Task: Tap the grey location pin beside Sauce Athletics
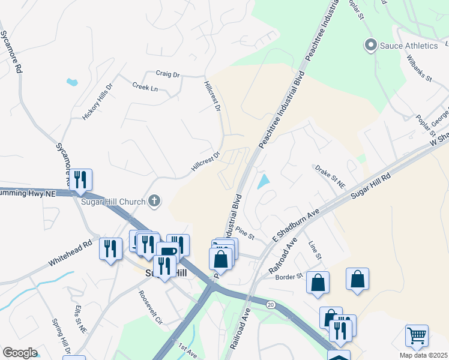pyautogui.click(x=370, y=45)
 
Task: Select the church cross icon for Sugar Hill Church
pyautogui.click(x=154, y=201)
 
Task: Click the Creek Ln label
pyautogui.click(x=145, y=87)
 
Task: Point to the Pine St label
pyautogui.click(x=246, y=232)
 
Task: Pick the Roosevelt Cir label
pyautogui.click(x=150, y=307)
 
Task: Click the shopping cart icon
pyautogui.click(x=417, y=335)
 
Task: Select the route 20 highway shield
pyautogui.click(x=271, y=305)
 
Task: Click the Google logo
pyautogui.click(x=20, y=353)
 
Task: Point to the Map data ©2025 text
pyautogui.click(x=423, y=355)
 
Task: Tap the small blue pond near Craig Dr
pyautogui.click(x=73, y=82)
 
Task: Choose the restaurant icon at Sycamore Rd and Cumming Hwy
pyautogui.click(x=80, y=179)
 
